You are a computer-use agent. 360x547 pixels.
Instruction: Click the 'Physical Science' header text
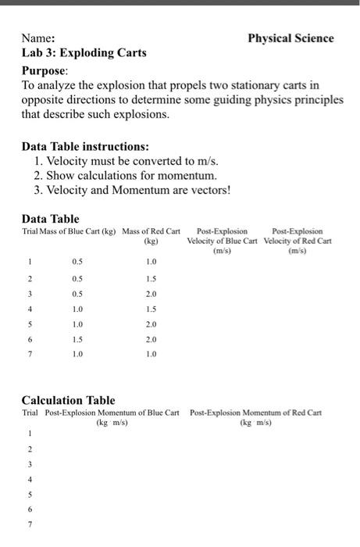[290, 38]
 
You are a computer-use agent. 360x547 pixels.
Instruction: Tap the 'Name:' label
[38, 38]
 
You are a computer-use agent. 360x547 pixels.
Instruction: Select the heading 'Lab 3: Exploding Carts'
[84, 53]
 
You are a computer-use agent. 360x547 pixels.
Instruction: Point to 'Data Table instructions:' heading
[85, 146]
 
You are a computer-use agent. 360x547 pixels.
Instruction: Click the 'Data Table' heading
[50, 219]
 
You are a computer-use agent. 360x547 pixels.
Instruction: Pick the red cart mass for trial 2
[151, 280]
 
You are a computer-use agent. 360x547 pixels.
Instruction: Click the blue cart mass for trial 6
[77, 340]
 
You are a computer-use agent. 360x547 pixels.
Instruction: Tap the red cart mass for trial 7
[151, 355]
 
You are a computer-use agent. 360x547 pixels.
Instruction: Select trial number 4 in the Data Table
[30, 309]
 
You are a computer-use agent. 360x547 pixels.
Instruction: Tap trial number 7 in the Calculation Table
[30, 524]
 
